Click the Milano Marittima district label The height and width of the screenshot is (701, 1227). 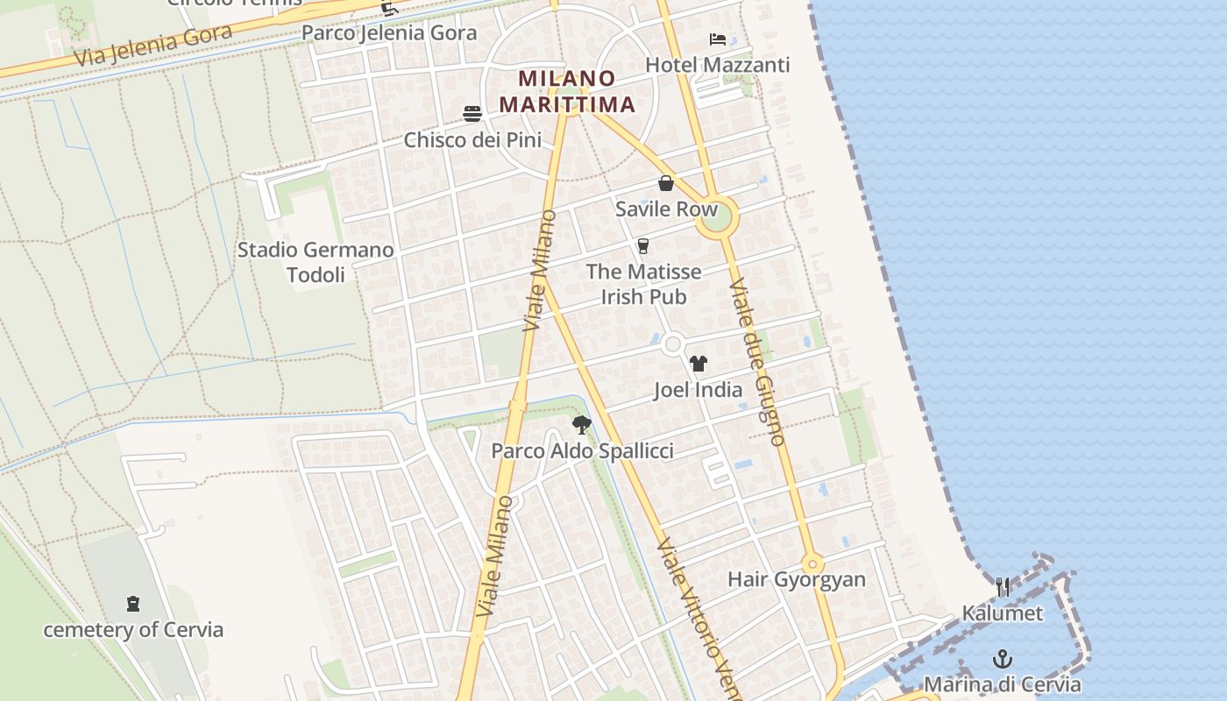pyautogui.click(x=567, y=91)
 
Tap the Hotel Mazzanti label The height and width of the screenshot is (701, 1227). pyautogui.click(x=717, y=65)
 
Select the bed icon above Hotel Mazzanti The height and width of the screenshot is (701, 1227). pyautogui.click(x=718, y=39)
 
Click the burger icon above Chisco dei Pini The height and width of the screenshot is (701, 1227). pyautogui.click(x=472, y=114)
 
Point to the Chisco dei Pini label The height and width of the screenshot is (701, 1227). pyautogui.click(x=472, y=139)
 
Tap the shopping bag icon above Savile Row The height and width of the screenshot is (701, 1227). pyautogui.click(x=666, y=183)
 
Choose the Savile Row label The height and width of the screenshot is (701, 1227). pyautogui.click(x=666, y=209)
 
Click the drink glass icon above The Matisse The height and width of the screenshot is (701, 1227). pyautogui.click(x=643, y=246)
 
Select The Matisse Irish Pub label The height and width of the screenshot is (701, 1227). pyautogui.click(x=643, y=284)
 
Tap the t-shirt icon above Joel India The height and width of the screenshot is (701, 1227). pyautogui.click(x=698, y=364)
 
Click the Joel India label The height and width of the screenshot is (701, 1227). pyautogui.click(x=698, y=389)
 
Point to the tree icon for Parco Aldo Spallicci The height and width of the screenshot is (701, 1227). pyautogui.click(x=581, y=426)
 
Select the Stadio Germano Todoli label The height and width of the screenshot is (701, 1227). pyautogui.click(x=316, y=262)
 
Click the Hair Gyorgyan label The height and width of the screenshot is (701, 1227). pyautogui.click(x=797, y=579)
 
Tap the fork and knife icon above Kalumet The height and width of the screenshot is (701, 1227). pyautogui.click(x=1003, y=587)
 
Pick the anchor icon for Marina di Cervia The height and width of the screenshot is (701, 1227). pyautogui.click(x=1003, y=659)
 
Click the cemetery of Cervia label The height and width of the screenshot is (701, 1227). pyautogui.click(x=133, y=629)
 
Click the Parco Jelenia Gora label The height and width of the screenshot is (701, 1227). pyautogui.click(x=389, y=33)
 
